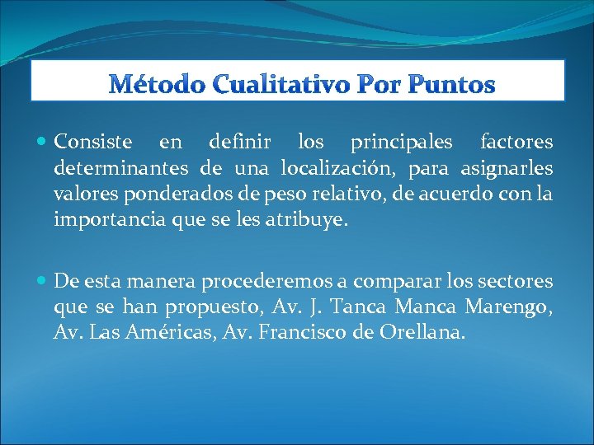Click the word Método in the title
coord(152,84)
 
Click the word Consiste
coord(93,143)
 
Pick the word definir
coord(238,143)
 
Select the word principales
coord(401,143)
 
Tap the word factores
coord(516,143)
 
